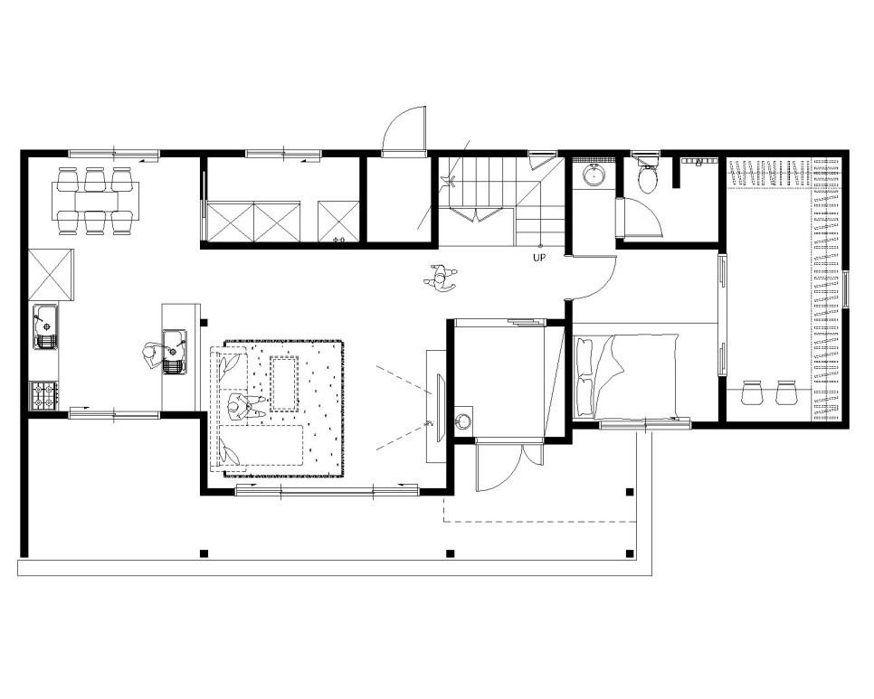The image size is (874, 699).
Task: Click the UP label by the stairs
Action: pyautogui.click(x=539, y=258)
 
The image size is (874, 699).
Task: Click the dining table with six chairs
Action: pyautogui.click(x=95, y=201)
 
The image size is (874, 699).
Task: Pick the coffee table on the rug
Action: pyautogui.click(x=285, y=384)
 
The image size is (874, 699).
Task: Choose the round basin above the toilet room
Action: pyautogui.click(x=594, y=175)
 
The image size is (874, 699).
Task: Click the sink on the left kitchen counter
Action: pyautogui.click(x=45, y=327)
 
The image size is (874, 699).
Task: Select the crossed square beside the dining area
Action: pyautogui.click(x=51, y=275)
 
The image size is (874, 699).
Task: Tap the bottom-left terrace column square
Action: pyautogui.click(x=204, y=553)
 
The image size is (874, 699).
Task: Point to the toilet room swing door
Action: pyautogui.click(x=640, y=218)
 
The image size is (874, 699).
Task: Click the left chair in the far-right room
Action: pyautogui.click(x=751, y=392)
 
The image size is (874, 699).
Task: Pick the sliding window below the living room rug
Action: pyautogui.click(x=328, y=490)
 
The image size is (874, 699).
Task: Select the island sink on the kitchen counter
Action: pyautogui.click(x=175, y=352)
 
